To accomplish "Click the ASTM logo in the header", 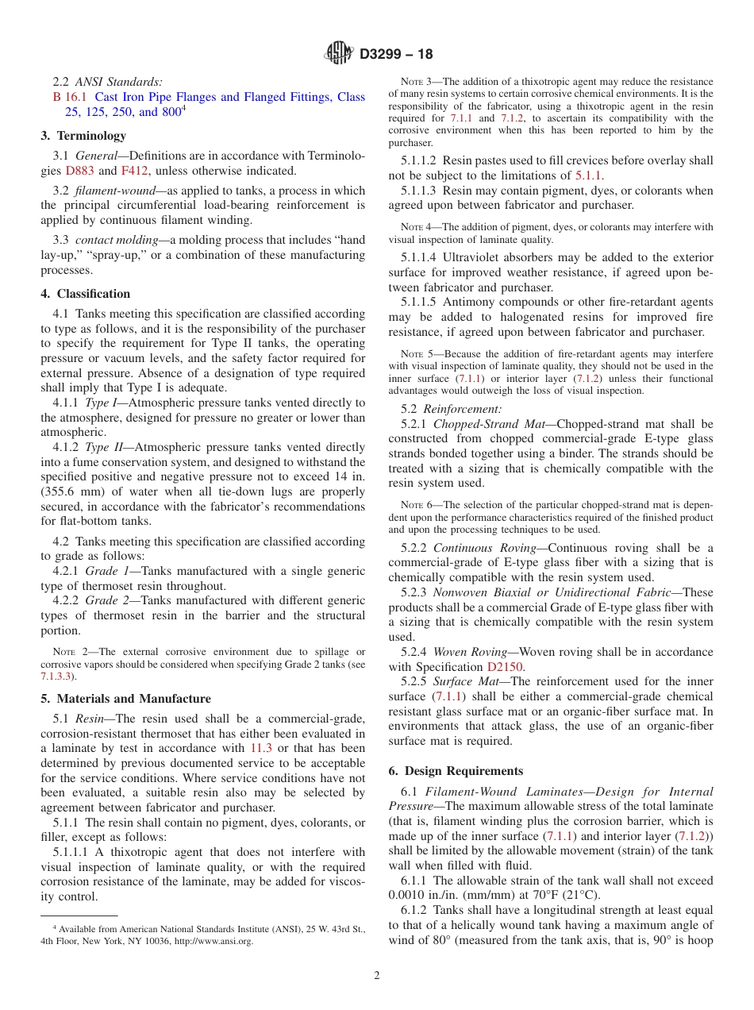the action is [339, 54].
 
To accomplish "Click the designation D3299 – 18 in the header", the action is [396, 55].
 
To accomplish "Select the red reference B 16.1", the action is [68, 97].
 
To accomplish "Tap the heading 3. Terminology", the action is [83, 136].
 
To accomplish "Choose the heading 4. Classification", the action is [85, 294].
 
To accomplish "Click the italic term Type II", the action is [99, 447].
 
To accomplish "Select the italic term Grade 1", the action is [102, 571].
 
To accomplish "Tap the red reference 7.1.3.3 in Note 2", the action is [58, 677].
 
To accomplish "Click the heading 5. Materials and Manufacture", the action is [125, 699].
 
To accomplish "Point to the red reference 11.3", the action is [260, 748].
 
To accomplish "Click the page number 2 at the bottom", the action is [377, 976].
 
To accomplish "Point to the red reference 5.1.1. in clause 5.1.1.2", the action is [588, 175].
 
